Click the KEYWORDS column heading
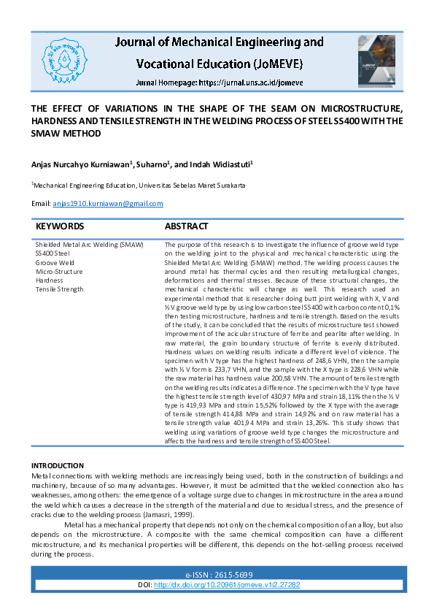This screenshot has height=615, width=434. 60,226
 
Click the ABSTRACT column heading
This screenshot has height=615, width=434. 186,226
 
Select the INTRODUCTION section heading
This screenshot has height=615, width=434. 58,465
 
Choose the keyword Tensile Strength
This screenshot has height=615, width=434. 60,289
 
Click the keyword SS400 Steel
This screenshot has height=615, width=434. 53,253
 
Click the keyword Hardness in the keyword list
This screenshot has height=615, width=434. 50,280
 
